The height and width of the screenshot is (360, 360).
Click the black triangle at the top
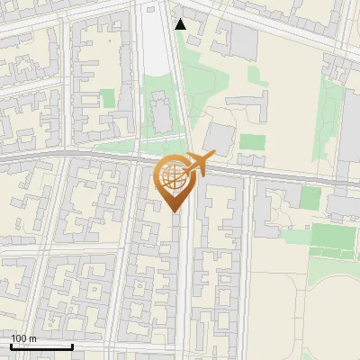tap(181, 24)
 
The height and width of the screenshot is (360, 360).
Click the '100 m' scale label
tap(24, 338)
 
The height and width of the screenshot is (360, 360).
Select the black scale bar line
tap(41, 346)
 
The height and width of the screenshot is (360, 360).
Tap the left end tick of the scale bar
tap(11, 345)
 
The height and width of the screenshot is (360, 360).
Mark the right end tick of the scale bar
tap(72, 345)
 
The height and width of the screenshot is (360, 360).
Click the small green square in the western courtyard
tap(108, 98)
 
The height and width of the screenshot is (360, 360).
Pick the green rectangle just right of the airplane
tap(252, 142)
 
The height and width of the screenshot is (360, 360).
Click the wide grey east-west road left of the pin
tap(72, 157)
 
